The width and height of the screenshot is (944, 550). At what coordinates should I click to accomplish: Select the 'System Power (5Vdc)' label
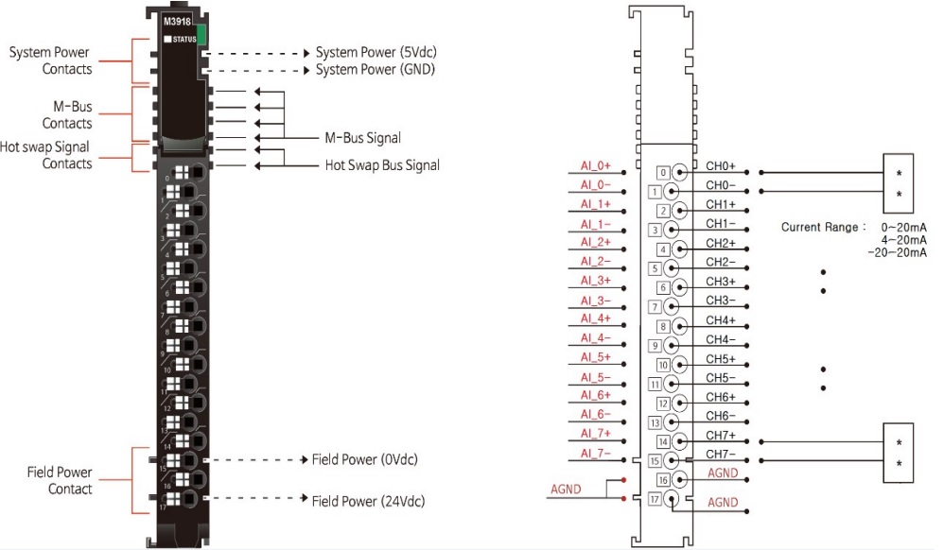[376, 52]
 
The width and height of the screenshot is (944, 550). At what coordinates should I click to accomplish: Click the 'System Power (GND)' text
[375, 69]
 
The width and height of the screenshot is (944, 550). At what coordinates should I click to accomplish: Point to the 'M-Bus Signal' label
[362, 138]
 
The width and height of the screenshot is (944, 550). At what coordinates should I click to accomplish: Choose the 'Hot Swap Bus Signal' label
[382, 165]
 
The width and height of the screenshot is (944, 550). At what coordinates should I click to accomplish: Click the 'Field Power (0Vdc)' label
[364, 460]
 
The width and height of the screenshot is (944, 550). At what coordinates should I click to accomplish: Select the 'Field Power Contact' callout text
[59, 480]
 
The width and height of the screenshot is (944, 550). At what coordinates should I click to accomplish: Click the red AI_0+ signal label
[596, 166]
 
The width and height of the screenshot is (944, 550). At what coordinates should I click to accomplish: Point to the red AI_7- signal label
[596, 453]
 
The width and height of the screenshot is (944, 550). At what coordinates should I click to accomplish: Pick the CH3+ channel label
[721, 282]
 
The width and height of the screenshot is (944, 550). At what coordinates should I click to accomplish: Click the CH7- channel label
[721, 455]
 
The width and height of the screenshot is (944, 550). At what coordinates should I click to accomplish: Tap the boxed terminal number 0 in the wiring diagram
[663, 172]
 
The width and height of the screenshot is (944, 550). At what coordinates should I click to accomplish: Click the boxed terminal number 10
[663, 365]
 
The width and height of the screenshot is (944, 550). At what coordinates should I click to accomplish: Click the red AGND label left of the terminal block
[566, 490]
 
